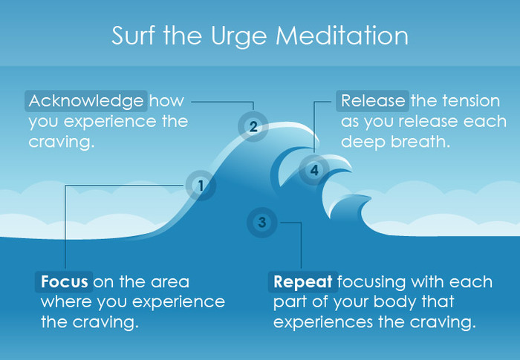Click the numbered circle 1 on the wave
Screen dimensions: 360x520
pyautogui.click(x=199, y=186)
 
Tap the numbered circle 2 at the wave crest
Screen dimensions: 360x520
pyautogui.click(x=253, y=126)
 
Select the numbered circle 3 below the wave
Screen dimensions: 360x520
pyautogui.click(x=262, y=221)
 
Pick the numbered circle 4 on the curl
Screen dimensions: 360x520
pyautogui.click(x=314, y=171)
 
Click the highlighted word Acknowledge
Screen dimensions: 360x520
pyautogui.click(x=85, y=100)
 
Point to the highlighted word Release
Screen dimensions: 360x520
pyautogui.click(x=372, y=100)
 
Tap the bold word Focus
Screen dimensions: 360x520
pyautogui.click(x=65, y=283)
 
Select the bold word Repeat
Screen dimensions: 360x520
pyautogui.click(x=303, y=283)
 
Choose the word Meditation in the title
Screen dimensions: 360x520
pyautogui.click(x=346, y=36)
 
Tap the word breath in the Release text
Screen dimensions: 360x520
pyautogui.click(x=423, y=141)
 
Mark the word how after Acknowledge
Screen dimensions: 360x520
pyautogui.click(x=166, y=100)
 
